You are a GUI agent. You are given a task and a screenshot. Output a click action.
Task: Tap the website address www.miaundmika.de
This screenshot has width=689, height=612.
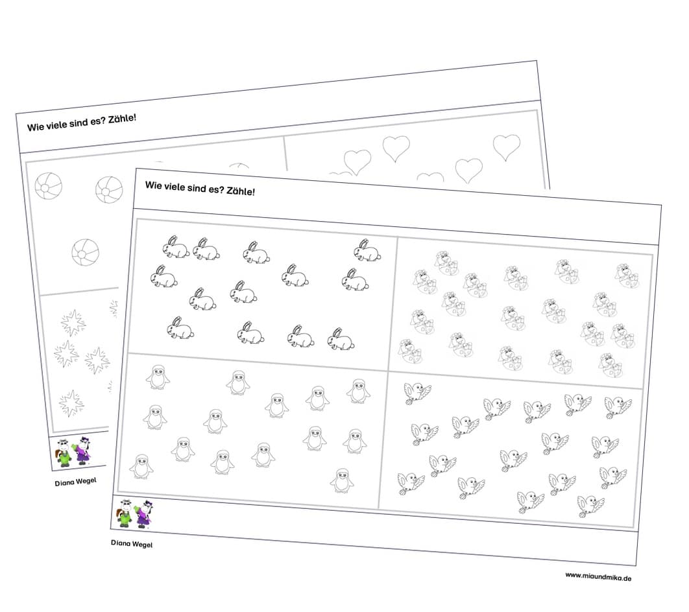(x=598, y=576)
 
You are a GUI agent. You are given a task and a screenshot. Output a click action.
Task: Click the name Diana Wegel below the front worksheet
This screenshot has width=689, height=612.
(x=132, y=543)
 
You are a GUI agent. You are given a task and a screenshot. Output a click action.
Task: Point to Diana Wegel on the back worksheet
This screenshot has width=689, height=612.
(x=75, y=482)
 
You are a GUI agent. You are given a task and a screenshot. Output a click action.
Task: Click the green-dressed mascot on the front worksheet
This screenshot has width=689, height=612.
(x=125, y=513)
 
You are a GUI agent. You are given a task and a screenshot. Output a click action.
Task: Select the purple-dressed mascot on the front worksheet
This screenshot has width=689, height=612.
(x=144, y=513)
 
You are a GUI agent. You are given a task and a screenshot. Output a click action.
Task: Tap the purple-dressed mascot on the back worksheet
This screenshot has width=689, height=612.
(x=84, y=451)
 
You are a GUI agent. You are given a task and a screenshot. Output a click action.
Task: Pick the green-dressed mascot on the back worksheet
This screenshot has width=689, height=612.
(x=64, y=453)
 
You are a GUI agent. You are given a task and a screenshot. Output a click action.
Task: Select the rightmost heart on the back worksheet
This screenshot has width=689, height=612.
(x=507, y=147)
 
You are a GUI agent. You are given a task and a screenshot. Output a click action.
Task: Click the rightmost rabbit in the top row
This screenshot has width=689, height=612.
(x=367, y=251)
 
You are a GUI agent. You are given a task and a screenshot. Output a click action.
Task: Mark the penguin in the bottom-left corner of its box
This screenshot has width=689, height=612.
(x=141, y=466)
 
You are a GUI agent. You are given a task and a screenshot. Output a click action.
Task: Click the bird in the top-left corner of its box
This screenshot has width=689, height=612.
(x=417, y=392)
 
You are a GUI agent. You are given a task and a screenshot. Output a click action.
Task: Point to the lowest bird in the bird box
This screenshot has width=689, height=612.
(x=590, y=506)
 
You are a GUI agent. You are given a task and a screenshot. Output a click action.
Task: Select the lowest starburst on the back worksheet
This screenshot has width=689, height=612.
(x=71, y=403)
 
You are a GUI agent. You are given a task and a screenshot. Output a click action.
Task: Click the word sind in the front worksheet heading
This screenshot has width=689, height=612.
(x=197, y=188)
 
